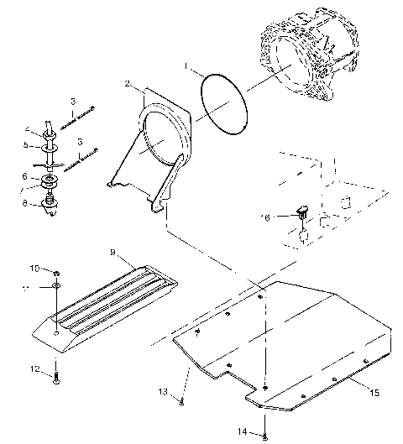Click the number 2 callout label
(x=127, y=84)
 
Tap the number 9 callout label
(x=112, y=251)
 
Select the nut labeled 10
(x=55, y=273)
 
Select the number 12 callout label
(x=35, y=368)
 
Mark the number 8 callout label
(x=25, y=202)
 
